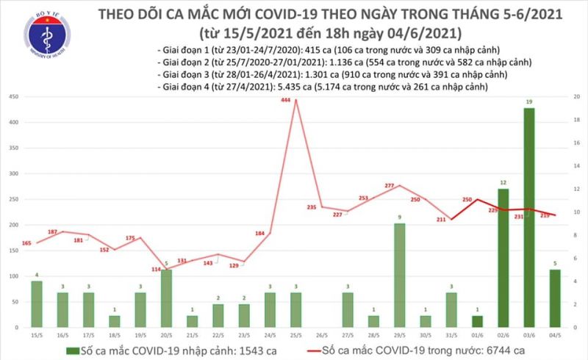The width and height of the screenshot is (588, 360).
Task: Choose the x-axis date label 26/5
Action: tap(321, 336)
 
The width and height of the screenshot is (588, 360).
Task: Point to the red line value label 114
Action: tap(156, 270)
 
